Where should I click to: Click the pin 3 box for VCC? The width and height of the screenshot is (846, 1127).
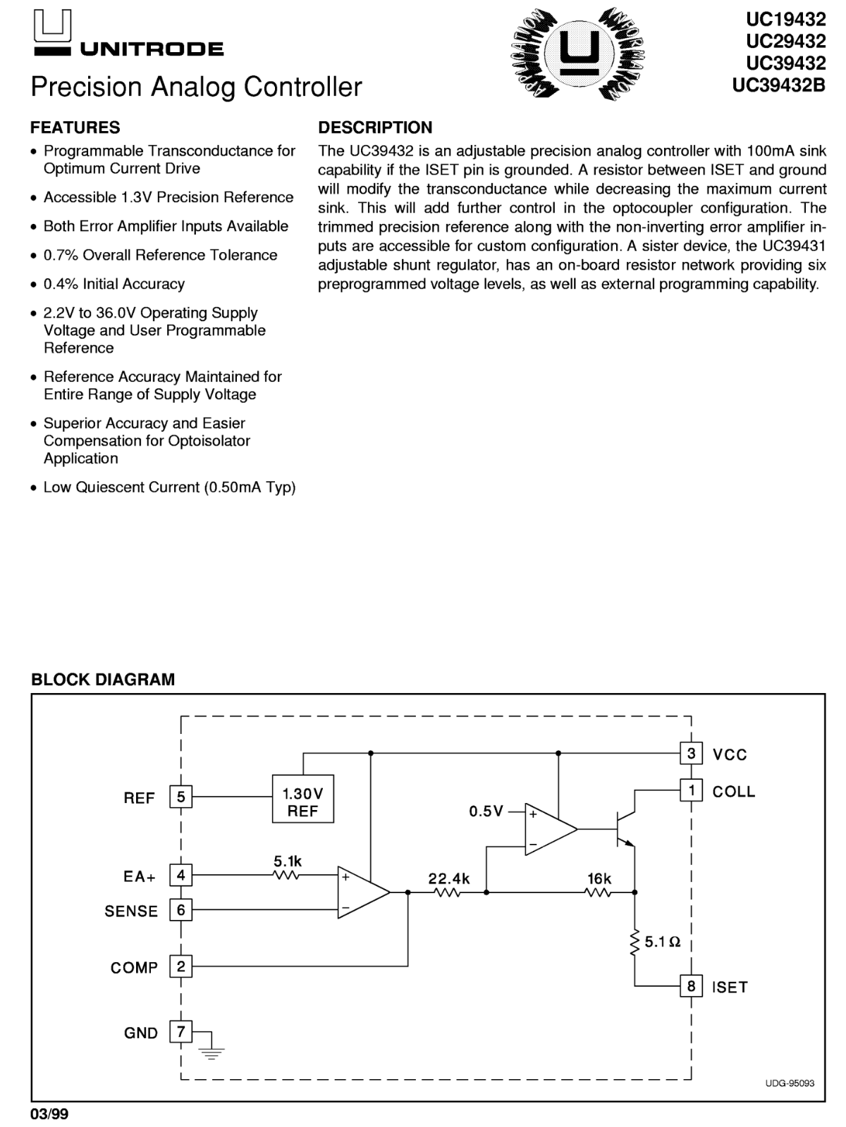click(691, 753)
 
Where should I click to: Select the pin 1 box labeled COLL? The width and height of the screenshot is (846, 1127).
click(691, 790)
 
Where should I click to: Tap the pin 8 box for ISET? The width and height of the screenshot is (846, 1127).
click(691, 985)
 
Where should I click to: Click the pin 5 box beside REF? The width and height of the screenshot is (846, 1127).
click(180, 797)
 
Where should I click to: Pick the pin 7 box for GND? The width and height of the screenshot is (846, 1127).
click(180, 1031)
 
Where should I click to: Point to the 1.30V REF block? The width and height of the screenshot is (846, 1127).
click(302, 798)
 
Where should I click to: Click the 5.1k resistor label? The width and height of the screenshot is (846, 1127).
click(288, 861)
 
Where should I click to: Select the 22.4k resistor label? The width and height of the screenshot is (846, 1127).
click(449, 878)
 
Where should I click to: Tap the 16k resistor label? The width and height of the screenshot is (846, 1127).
click(599, 878)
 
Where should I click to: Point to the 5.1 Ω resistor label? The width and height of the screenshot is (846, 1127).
click(662, 942)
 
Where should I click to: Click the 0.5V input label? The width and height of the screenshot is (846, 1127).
click(486, 811)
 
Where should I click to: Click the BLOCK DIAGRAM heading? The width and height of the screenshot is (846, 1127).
click(103, 679)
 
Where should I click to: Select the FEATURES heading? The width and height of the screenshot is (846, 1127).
click(75, 127)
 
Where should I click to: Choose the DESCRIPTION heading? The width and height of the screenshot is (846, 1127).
click(375, 127)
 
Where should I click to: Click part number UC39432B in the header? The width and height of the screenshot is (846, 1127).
click(779, 85)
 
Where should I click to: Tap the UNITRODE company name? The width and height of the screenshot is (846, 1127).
click(152, 49)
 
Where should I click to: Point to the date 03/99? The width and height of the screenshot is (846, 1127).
click(49, 1114)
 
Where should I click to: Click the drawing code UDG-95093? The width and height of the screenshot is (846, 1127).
click(790, 1083)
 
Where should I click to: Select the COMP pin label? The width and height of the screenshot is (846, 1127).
click(134, 967)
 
